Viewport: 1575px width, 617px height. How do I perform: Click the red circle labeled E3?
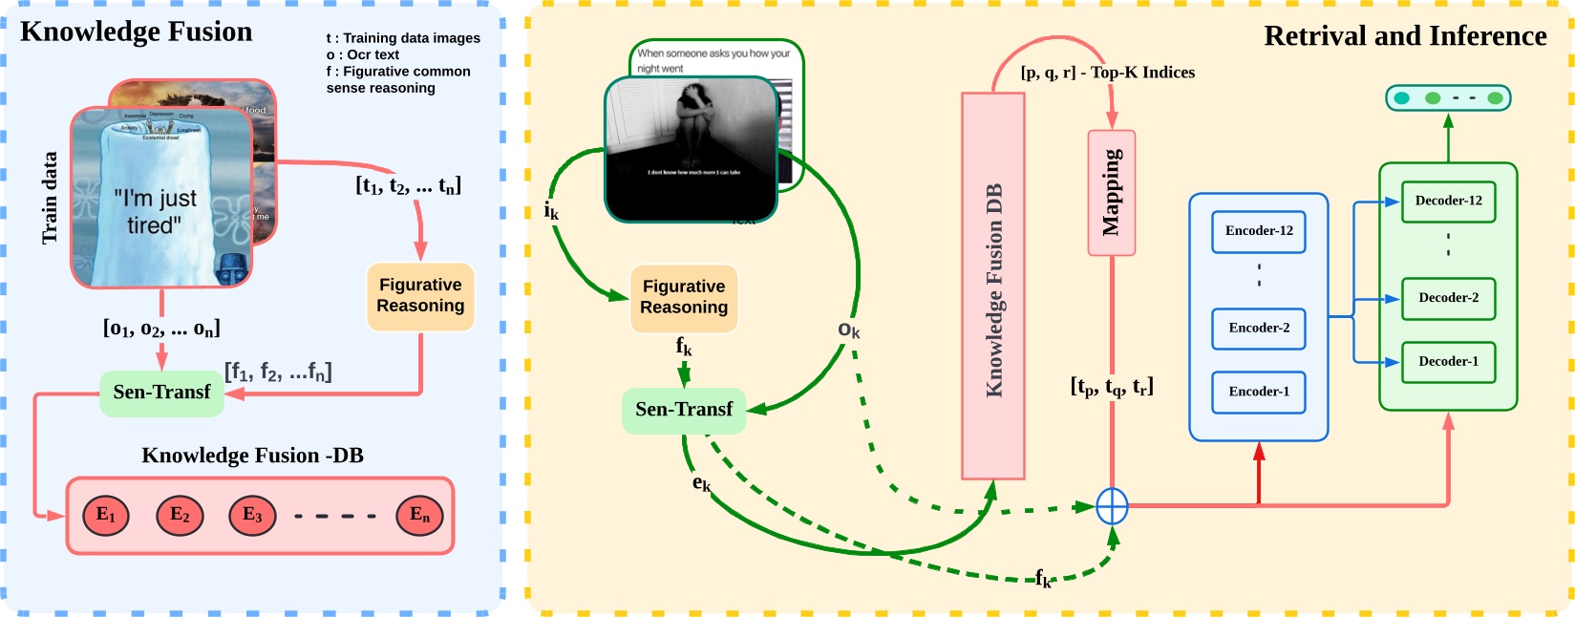252,516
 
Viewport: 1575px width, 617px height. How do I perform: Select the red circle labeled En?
419,516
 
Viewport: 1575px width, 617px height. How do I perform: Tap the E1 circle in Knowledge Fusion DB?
106,516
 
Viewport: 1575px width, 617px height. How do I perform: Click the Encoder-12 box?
1258,231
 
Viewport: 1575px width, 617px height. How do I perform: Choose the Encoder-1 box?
1258,392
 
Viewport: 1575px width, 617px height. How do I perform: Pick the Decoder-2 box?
1448,298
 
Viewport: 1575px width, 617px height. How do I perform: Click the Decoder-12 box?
1448,202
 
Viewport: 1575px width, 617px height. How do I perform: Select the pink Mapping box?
1111,193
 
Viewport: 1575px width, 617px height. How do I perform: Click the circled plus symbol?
1112,506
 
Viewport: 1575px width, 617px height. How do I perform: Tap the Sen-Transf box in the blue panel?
161,393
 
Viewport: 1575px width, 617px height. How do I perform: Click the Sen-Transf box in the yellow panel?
683,410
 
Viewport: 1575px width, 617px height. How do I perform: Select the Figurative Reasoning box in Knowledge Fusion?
420,296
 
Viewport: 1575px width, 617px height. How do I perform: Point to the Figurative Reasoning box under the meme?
684,298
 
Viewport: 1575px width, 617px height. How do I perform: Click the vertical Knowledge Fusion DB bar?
992,287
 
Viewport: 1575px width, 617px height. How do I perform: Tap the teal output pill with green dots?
1448,97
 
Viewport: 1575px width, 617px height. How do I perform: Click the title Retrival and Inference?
1404,36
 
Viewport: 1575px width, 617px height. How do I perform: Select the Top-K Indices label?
1107,73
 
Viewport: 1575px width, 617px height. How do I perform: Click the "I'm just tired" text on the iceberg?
156,211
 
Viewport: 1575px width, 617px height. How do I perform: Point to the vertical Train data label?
50,198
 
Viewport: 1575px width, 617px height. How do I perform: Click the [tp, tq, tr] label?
1111,387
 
